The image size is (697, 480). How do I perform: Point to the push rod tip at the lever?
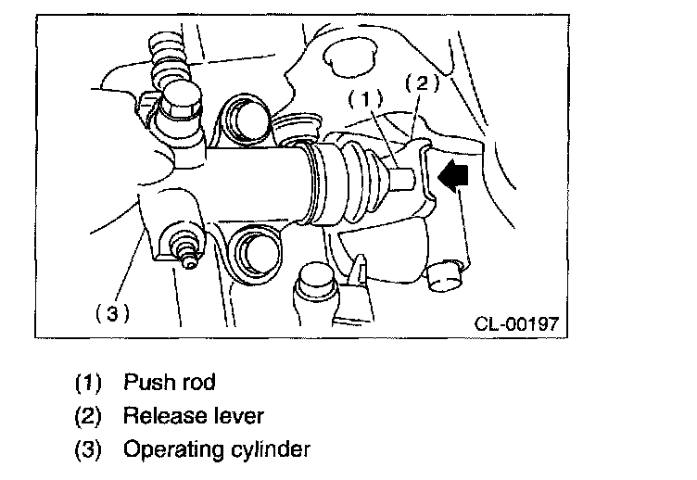408,178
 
